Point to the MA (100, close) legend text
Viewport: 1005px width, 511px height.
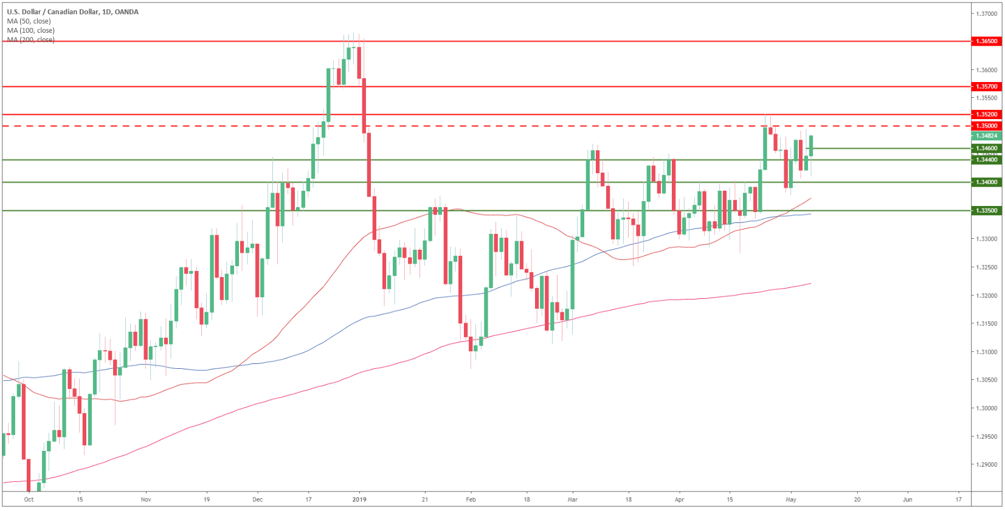[30, 30]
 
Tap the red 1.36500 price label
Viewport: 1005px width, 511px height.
[986, 41]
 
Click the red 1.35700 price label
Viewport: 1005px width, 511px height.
[986, 87]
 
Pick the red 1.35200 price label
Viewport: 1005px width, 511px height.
[986, 114]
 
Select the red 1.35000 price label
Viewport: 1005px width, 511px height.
[986, 126]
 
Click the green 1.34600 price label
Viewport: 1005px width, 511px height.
[986, 148]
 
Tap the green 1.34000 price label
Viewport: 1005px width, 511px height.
[986, 182]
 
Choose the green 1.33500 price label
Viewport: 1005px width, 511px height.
[986, 211]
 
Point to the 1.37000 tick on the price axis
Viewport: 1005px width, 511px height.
[986, 13]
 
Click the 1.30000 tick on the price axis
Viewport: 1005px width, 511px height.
[986, 408]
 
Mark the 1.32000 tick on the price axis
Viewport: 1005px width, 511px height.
[986, 296]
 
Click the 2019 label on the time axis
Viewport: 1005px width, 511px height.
[360, 499]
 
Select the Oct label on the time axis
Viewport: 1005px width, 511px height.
[29, 499]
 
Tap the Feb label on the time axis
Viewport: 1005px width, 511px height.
[471, 499]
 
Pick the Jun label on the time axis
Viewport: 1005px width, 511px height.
[907, 499]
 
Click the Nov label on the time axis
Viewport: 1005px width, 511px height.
[145, 499]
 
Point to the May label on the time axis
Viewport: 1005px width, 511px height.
[790, 499]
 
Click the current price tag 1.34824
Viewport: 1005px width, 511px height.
[986, 136]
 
